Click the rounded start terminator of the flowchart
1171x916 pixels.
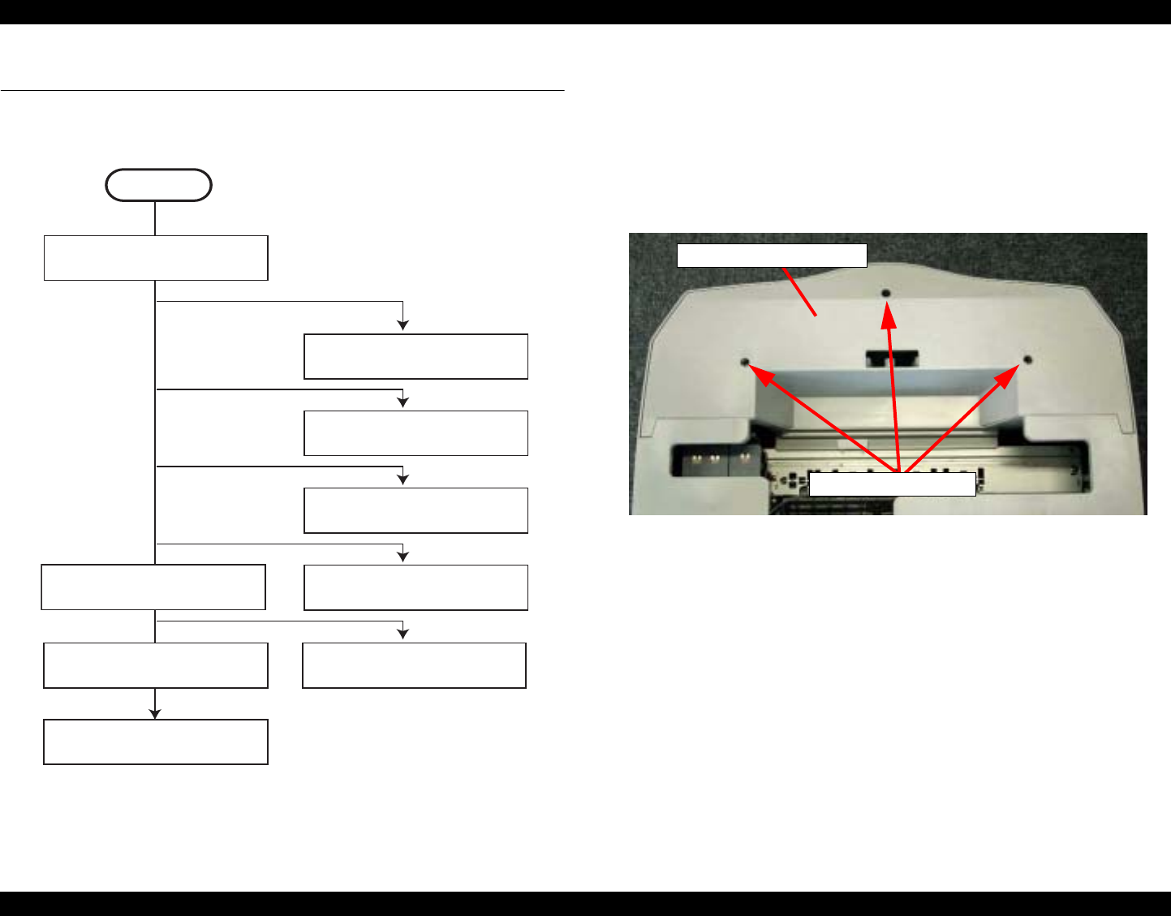click(158, 185)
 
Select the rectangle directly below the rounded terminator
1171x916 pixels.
click(156, 258)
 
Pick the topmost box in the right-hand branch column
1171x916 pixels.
click(415, 356)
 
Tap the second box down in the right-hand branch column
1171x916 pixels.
click(415, 433)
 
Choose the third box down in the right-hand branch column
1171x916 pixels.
click(415, 510)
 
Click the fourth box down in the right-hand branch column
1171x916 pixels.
click(415, 587)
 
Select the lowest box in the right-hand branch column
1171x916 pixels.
click(414, 665)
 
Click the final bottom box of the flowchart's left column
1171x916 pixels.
click(156, 742)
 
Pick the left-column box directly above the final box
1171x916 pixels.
click(156, 665)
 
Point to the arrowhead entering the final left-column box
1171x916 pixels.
click(155, 713)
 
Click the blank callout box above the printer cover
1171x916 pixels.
click(772, 256)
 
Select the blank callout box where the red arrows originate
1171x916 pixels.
click(893, 484)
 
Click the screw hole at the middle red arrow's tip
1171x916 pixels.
click(886, 293)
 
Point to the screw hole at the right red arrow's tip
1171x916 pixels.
click(1027, 359)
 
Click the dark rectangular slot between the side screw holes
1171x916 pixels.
click(891, 358)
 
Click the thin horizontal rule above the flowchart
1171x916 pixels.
click(282, 90)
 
